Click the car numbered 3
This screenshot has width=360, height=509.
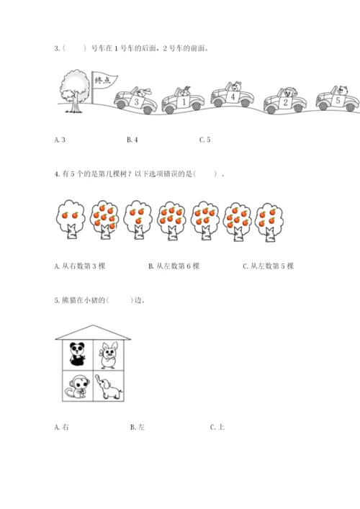click(x=135, y=100)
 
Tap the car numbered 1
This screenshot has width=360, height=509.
click(x=183, y=100)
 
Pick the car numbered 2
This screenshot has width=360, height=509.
click(x=285, y=101)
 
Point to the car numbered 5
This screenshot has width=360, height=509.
click(x=338, y=99)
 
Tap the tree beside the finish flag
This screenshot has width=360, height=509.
click(x=74, y=91)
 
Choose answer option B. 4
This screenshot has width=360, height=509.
click(x=132, y=140)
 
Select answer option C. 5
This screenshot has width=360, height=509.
click(x=204, y=140)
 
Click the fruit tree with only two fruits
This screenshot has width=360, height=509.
click(x=70, y=220)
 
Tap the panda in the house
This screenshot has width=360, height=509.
click(x=78, y=354)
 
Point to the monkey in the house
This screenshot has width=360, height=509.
click(x=76, y=386)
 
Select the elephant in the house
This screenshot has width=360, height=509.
click(x=109, y=387)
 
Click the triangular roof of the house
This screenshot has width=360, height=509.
click(x=93, y=333)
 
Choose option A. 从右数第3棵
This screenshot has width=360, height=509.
click(x=80, y=266)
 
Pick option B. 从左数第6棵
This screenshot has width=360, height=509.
click(x=174, y=266)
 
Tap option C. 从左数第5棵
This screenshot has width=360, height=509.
click(x=268, y=266)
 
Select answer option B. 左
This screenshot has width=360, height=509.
click(x=138, y=427)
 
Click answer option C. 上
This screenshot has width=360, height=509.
click(x=217, y=427)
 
